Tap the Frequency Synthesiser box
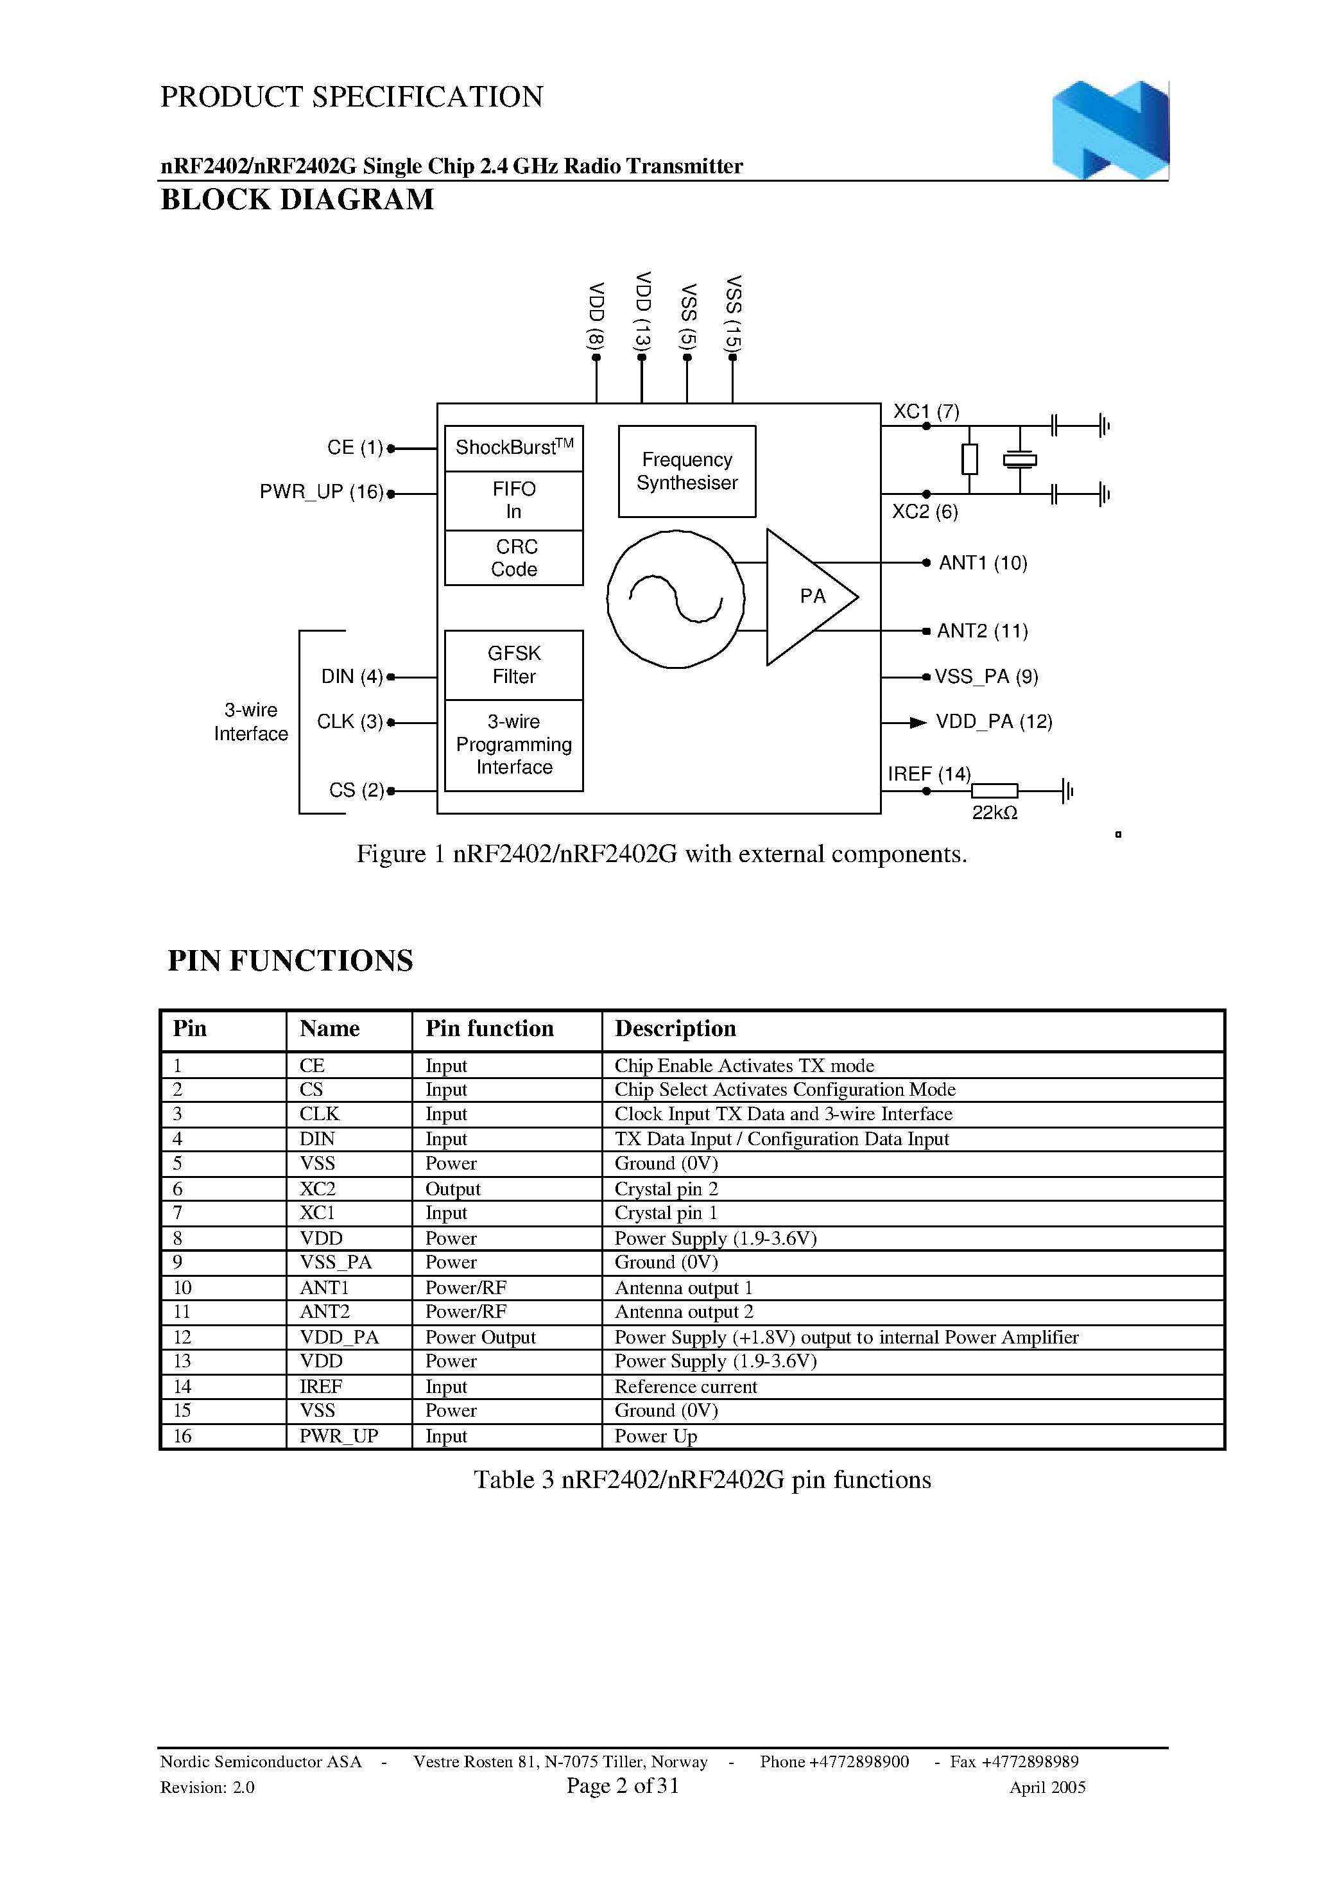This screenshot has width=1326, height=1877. [687, 471]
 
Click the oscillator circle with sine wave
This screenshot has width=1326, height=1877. [675, 598]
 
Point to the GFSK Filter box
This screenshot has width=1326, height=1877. [513, 664]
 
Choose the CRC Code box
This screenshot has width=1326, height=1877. [513, 558]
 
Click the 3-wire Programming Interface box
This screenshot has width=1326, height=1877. [513, 745]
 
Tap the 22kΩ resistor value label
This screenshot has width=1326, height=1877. [994, 813]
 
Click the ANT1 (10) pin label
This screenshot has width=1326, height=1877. [983, 563]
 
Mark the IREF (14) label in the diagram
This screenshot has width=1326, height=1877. [929, 774]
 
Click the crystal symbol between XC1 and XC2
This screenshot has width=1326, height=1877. [1019, 460]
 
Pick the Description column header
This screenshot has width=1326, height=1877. [675, 1028]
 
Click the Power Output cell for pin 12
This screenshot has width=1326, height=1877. [480, 1337]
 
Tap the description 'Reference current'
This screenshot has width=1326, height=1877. [686, 1387]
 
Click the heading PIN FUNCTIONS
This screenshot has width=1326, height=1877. [290, 960]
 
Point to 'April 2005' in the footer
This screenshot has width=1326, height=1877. [1047, 1787]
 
